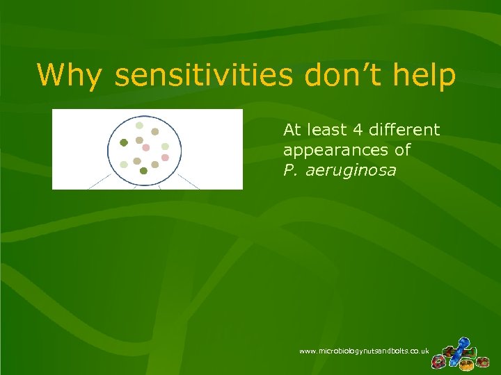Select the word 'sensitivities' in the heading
204,75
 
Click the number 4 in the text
365,130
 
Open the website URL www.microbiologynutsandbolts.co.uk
364,352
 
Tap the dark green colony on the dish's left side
124,142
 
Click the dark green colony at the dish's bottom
143,170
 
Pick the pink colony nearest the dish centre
146,147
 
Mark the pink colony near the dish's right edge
165,158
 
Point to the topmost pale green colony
139,126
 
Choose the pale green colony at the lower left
124,165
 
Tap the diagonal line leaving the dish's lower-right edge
189,182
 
